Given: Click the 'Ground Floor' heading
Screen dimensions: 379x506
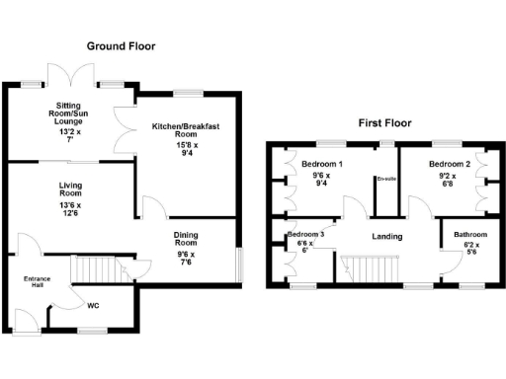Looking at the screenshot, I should click(121, 46).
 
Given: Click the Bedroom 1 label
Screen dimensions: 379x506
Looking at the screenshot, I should click(322, 164).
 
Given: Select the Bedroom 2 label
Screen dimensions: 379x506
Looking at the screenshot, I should click(449, 164).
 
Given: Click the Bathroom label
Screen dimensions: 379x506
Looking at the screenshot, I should click(470, 235).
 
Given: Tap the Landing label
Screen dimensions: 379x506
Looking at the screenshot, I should click(386, 237).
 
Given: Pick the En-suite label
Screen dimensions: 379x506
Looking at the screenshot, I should click(384, 179).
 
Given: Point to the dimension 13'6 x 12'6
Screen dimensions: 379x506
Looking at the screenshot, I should click(69, 209).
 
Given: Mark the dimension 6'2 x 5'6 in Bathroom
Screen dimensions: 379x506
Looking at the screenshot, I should click(470, 249).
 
